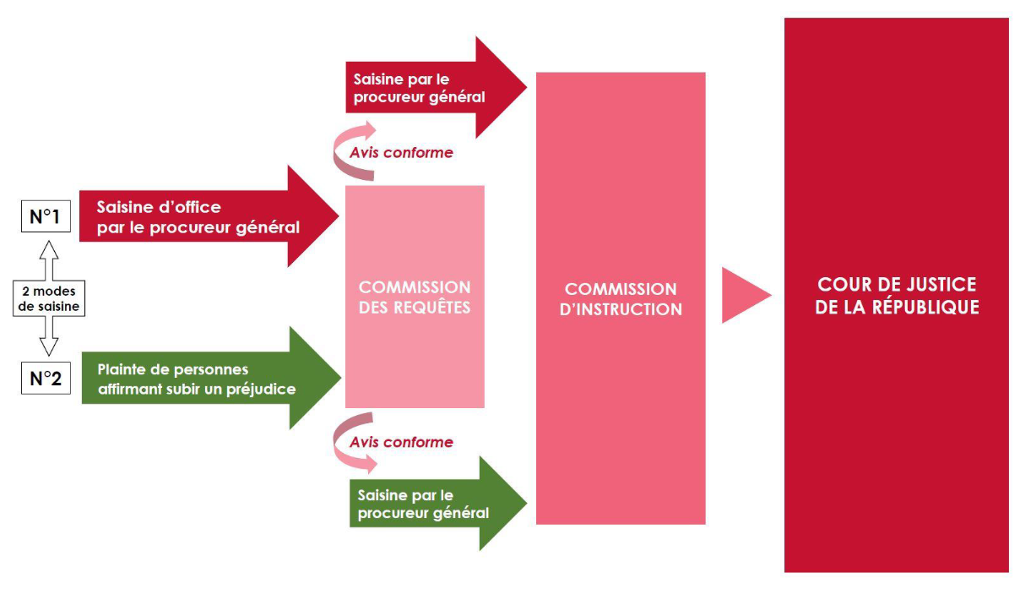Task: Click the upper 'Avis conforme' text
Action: pyautogui.click(x=401, y=153)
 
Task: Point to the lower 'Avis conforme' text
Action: pyautogui.click(x=401, y=442)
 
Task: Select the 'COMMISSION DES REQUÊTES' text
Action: pyautogui.click(x=415, y=297)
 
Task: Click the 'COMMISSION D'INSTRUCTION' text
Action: pyautogui.click(x=621, y=299)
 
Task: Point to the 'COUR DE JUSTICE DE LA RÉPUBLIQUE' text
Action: pyautogui.click(x=897, y=296)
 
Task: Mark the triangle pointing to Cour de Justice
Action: pyautogui.click(x=743, y=296)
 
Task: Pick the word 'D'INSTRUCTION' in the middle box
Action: pyautogui.click(x=621, y=309)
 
